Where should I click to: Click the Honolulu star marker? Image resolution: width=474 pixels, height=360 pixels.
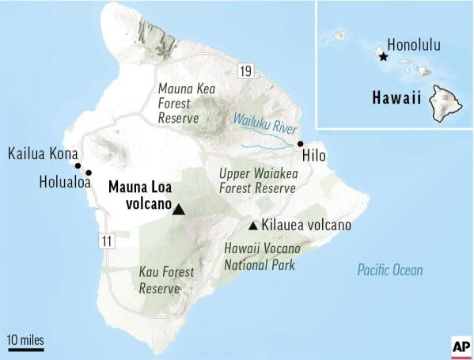coord(383,57)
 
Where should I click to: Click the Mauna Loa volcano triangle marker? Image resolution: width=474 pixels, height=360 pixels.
coord(179,209)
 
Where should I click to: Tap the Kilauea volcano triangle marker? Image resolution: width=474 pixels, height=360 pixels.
coord(252,225)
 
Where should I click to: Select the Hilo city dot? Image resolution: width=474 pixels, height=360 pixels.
coord(300,143)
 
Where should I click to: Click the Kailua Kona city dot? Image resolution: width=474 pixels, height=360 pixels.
coord(78,165)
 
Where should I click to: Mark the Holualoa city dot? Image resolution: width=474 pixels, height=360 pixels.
coord(89,172)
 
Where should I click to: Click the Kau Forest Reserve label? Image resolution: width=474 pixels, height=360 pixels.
coord(166,280)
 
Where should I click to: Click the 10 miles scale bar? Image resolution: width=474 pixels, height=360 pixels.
coord(25,343)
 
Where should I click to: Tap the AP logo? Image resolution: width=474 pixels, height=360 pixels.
coord(460,347)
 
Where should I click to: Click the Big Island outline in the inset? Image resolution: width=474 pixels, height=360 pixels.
coord(448,104)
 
